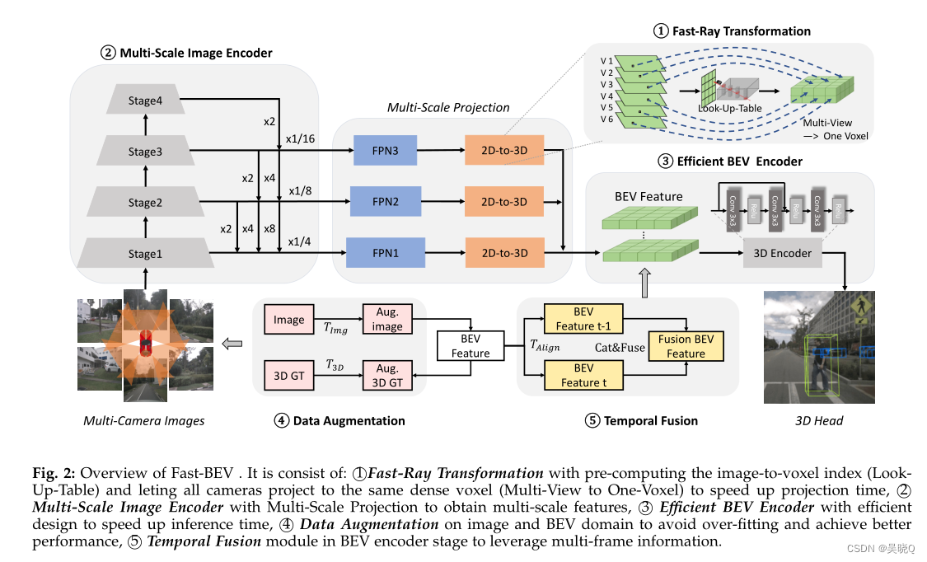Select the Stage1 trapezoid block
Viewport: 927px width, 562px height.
pos(145,254)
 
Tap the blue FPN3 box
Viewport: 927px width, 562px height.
pos(386,152)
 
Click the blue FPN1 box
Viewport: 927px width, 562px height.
pos(386,253)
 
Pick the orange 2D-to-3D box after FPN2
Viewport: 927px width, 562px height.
pos(504,202)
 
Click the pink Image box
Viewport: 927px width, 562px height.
pos(288,320)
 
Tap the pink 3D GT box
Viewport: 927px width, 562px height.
pos(288,376)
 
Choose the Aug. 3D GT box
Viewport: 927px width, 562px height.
pos(387,376)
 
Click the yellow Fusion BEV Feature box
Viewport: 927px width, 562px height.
pos(686,346)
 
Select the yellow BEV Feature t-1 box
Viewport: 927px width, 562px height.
pos(583,318)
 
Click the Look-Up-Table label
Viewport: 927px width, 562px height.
pos(729,108)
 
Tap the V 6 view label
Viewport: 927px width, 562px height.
pos(606,120)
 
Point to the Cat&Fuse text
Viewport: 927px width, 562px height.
pos(620,348)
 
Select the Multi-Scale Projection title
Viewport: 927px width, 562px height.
pos(448,107)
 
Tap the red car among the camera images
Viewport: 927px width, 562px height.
pos(146,340)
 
